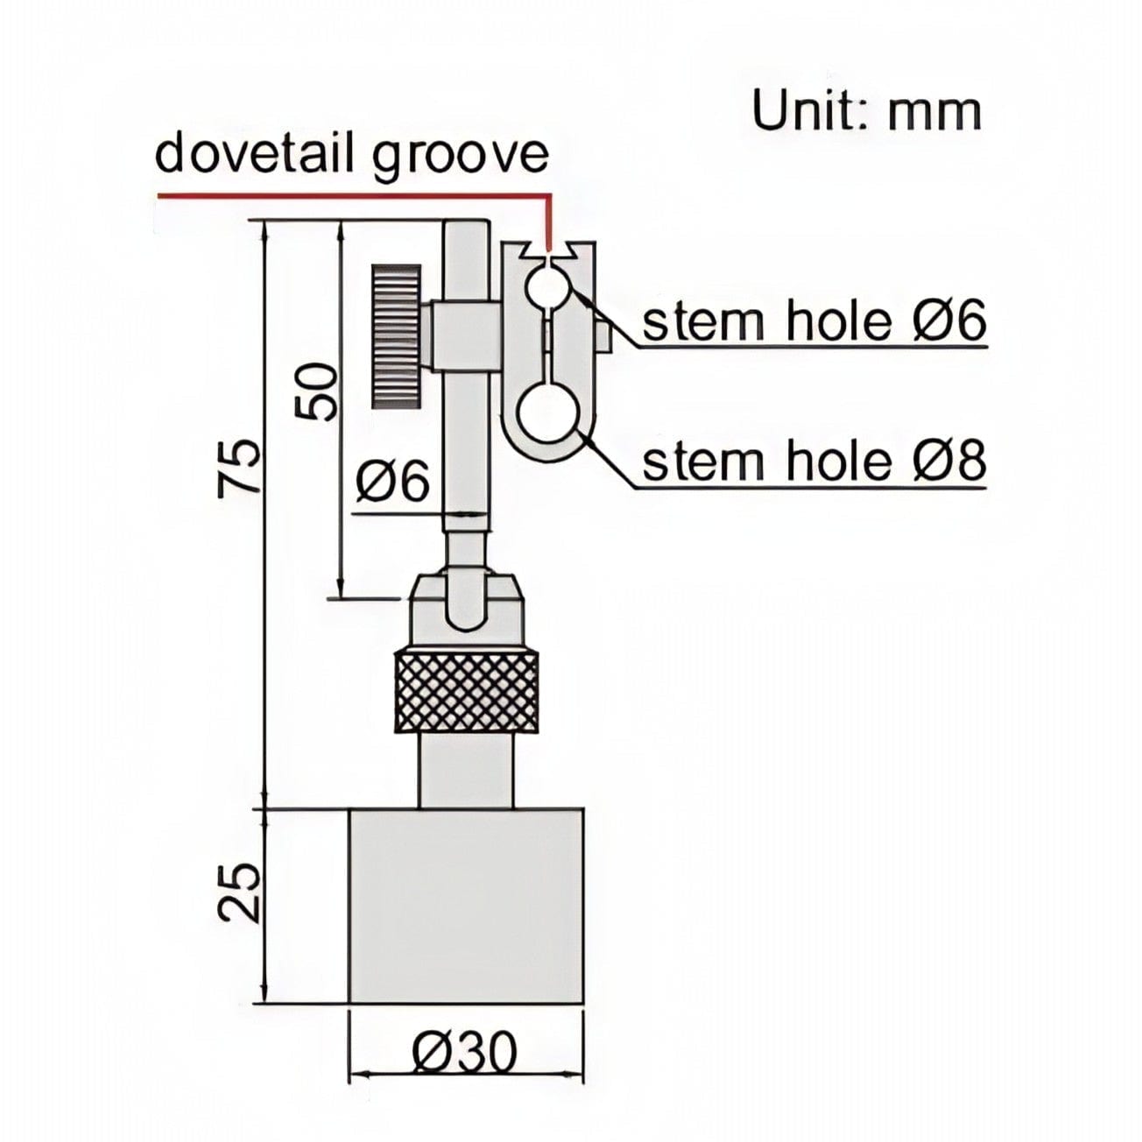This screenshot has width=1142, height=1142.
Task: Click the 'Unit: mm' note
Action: (867, 111)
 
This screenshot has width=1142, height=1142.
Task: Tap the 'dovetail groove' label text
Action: (351, 155)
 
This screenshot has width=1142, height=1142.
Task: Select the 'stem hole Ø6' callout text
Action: (814, 321)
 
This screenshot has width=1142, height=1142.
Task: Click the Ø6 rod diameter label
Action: (393, 481)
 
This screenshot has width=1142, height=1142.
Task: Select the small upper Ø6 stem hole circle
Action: (546, 286)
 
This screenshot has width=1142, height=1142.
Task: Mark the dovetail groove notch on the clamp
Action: (549, 253)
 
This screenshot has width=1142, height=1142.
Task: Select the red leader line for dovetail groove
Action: (350, 194)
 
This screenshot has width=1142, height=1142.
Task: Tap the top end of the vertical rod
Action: (465, 229)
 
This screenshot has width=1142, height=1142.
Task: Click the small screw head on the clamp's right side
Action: (603, 335)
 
